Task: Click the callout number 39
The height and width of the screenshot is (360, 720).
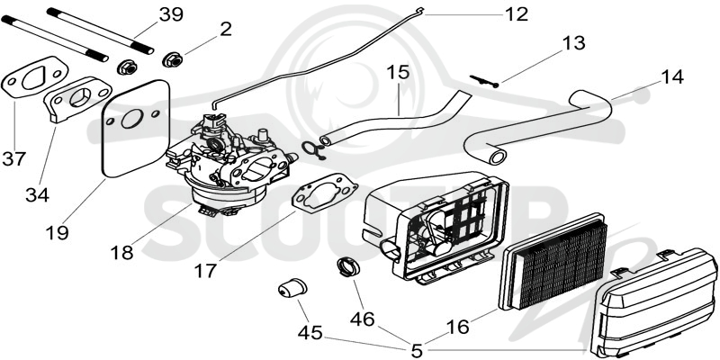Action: coord(171,14)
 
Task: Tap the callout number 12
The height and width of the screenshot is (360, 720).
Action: coord(517,14)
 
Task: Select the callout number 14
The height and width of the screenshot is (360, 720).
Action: coord(671,76)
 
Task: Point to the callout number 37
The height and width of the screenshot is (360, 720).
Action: coord(14,159)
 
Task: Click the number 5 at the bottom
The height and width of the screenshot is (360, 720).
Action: coord(417,351)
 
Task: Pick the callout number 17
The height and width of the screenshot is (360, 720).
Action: coord(205,271)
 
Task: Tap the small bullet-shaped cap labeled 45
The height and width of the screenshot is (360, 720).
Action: coord(292,288)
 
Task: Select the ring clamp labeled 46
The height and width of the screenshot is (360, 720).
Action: coord(348,266)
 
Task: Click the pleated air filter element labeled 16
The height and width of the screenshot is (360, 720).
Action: coord(553,262)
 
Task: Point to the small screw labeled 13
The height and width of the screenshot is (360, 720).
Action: coord(484,81)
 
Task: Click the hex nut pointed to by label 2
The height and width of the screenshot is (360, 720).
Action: coord(173,59)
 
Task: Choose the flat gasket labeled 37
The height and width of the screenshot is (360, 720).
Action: coord(35,79)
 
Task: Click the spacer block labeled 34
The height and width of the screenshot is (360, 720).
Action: coord(78,100)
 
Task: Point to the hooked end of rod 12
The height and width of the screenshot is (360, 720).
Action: coord(419,9)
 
